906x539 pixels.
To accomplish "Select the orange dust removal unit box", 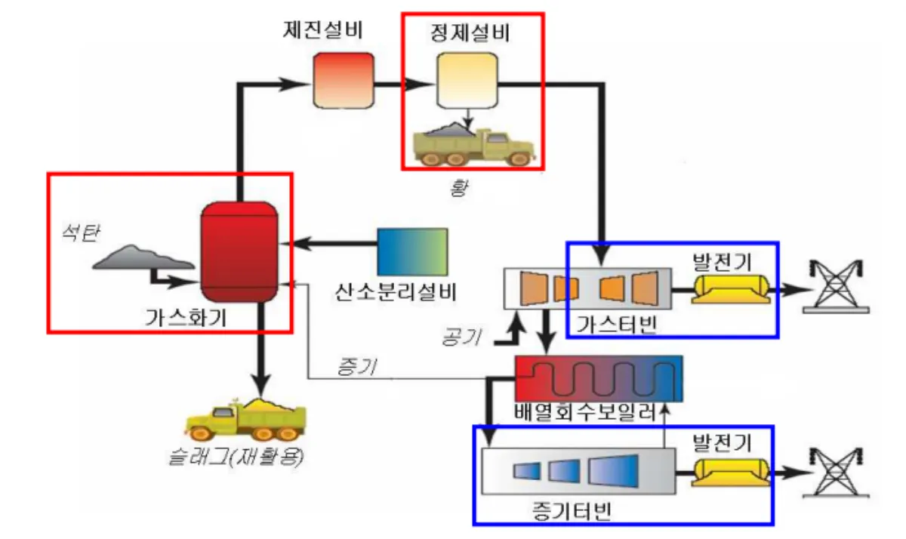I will [x=344, y=79].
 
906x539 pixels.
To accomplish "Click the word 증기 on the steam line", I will [x=355, y=368].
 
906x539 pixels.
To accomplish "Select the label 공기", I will [x=463, y=334].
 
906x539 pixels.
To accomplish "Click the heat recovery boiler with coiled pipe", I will [x=598, y=379].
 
